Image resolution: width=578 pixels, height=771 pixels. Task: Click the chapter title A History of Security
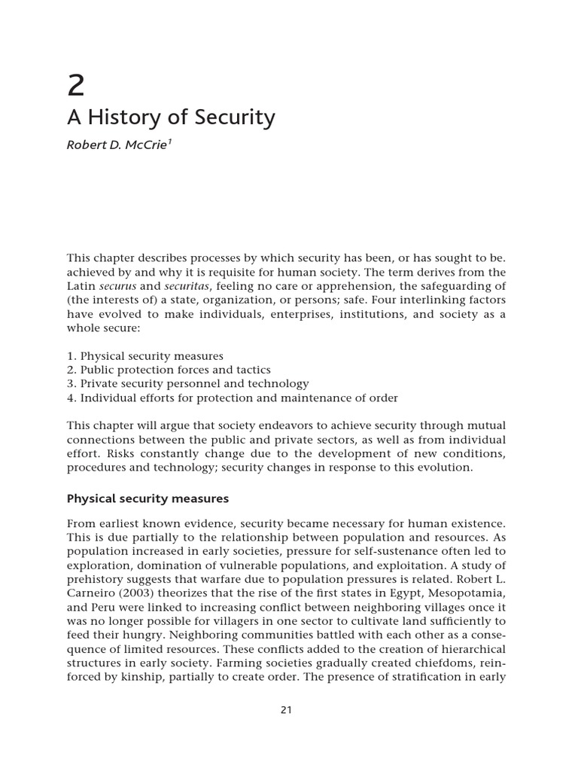click(171, 118)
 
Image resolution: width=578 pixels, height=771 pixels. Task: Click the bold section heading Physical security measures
click(148, 498)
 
